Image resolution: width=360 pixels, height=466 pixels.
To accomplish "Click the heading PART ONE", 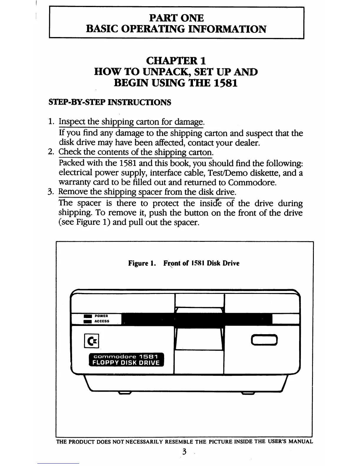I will pos(176,18).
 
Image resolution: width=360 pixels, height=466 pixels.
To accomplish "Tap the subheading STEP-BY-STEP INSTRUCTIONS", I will pos(109,102).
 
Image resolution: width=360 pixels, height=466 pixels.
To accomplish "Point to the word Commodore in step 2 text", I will pos(252,183).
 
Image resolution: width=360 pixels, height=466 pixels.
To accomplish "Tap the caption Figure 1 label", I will pos(141,263).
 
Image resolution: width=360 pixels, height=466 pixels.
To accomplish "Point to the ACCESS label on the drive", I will pos(102,321).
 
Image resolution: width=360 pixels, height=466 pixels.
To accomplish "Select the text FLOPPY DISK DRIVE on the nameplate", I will pos(126,363).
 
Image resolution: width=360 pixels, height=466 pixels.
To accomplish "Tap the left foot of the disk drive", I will pos(124,393).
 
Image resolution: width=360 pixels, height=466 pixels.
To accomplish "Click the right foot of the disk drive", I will pos(248,393).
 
